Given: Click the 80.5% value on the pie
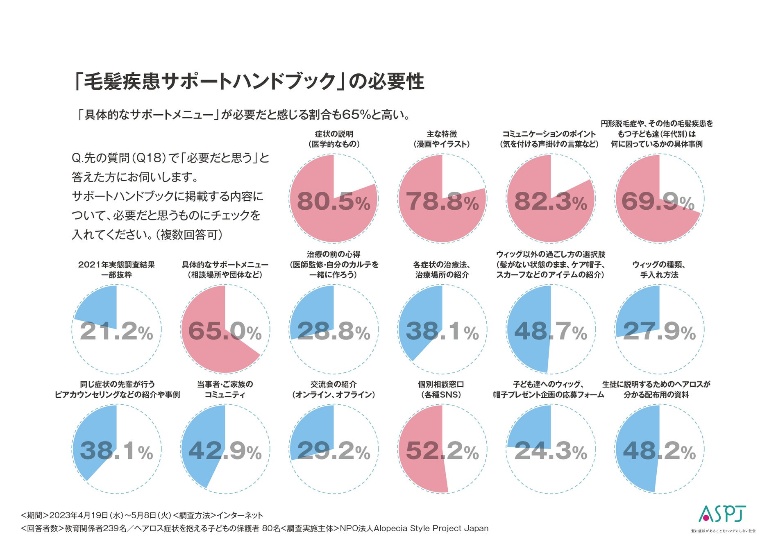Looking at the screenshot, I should click(x=333, y=202).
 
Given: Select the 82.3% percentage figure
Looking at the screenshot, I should click(x=550, y=202).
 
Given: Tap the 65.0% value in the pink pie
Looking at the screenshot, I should click(x=225, y=331).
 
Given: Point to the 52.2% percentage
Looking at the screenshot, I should click(x=442, y=451).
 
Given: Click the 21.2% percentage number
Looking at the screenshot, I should click(x=116, y=331).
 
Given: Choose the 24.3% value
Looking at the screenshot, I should click(x=550, y=451).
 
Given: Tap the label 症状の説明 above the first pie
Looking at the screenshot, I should click(x=334, y=134).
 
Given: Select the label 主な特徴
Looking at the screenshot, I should click(x=442, y=134).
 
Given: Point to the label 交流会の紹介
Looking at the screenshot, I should click(x=334, y=384).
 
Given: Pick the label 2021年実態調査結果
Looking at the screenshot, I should click(x=116, y=265).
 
